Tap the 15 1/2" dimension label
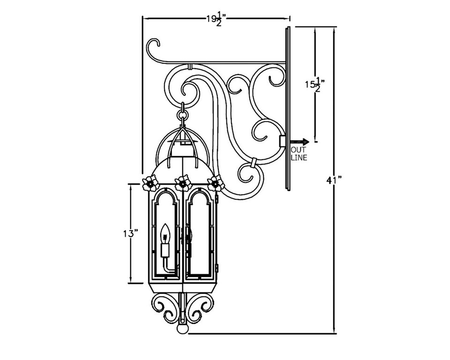(x=315, y=84)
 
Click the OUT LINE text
(x=299, y=154)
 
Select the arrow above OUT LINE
(x=300, y=142)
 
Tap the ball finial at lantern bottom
(x=182, y=328)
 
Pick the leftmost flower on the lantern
(x=150, y=183)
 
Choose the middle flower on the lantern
(x=182, y=183)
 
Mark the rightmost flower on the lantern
(x=215, y=183)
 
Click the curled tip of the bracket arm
(x=153, y=47)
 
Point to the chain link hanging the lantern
(x=182, y=114)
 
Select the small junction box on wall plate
(x=282, y=141)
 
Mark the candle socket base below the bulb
(x=165, y=250)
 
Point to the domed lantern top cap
(x=182, y=166)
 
